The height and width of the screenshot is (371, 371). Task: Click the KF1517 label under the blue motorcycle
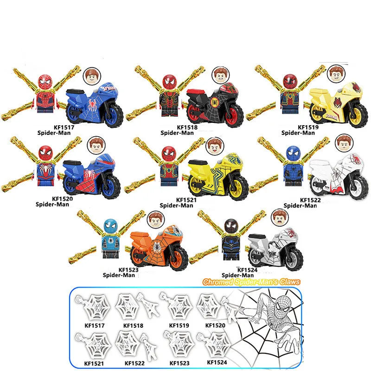point(64,127)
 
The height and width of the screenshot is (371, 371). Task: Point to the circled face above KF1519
point(336,73)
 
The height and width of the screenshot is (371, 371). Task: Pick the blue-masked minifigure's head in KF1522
point(293,153)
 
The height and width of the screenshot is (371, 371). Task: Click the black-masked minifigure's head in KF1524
point(231,226)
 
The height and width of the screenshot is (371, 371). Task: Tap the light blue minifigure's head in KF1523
point(111,225)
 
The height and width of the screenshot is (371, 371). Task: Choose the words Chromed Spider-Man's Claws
point(251,282)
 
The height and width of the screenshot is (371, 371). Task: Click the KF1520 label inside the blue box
point(215,326)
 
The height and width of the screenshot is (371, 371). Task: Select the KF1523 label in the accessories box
point(179,363)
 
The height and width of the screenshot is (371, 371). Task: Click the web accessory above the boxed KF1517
point(94,307)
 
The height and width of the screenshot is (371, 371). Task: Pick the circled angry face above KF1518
point(221,75)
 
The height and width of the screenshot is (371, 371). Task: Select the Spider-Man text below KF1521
point(176,205)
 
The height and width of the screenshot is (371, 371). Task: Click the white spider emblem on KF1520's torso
point(44,169)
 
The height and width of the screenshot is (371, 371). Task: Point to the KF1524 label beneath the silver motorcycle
point(247,270)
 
